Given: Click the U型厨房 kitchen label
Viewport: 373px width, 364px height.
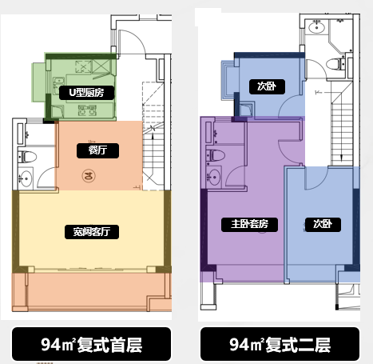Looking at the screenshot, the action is click(86, 93).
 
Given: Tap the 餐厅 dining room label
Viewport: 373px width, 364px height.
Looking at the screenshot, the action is click(97, 150).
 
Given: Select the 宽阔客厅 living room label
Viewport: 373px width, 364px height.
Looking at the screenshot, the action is click(92, 232).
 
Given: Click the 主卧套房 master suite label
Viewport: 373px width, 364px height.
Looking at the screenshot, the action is click(249, 225).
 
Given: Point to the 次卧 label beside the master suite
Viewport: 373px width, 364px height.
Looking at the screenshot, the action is click(323, 225).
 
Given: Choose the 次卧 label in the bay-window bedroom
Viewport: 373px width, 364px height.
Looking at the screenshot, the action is click(267, 86).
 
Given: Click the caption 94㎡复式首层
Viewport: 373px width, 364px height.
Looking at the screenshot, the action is click(91, 344).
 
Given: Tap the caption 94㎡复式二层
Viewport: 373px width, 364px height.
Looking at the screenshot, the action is click(280, 344).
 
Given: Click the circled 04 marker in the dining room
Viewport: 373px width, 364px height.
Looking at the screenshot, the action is click(89, 176).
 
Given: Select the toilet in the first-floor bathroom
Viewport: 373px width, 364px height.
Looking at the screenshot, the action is click(27, 157).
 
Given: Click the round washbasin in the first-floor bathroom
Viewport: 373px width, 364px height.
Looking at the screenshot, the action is click(26, 178).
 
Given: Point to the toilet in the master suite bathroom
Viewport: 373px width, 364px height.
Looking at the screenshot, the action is click(216, 155).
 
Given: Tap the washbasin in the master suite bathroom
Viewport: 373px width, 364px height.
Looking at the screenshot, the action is click(214, 177).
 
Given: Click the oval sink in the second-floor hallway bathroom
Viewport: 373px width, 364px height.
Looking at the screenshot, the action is click(316, 27).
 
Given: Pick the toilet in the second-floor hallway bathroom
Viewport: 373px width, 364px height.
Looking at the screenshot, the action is click(335, 64).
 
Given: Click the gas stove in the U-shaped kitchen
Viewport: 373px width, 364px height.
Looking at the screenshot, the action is click(87, 110).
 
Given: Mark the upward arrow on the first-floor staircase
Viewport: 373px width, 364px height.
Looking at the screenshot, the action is click(153, 146).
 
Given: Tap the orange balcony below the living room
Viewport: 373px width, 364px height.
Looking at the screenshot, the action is click(90, 292).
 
